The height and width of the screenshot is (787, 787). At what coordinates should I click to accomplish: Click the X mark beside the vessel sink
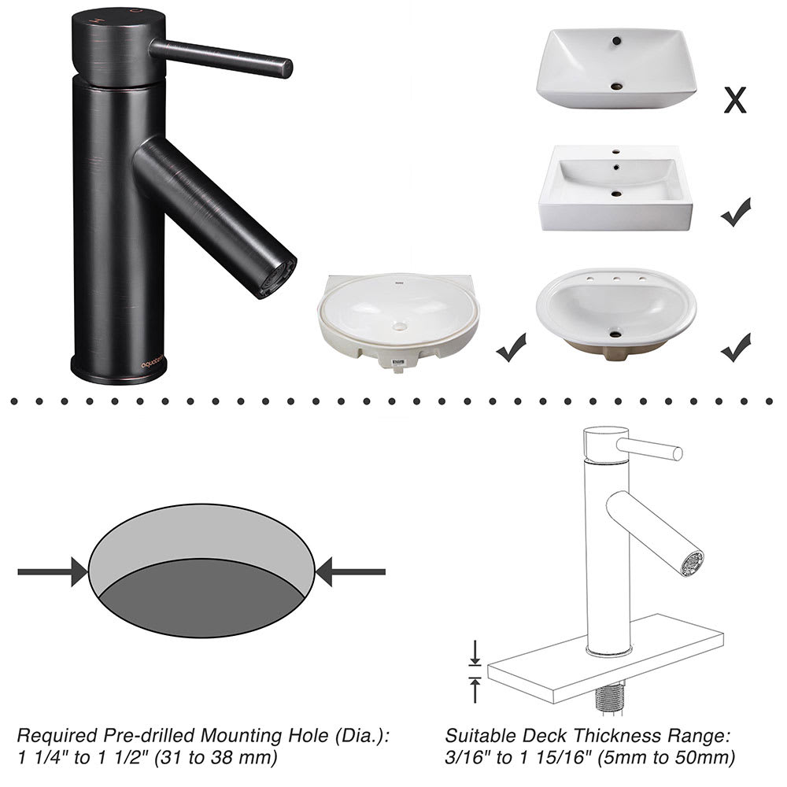click(734, 100)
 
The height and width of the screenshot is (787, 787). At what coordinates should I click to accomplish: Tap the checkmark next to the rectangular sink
click(735, 212)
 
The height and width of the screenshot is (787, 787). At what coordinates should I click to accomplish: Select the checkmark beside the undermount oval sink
click(512, 348)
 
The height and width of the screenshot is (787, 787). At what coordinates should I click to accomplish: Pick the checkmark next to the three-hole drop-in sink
click(735, 347)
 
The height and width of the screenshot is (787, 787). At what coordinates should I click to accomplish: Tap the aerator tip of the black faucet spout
click(279, 277)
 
